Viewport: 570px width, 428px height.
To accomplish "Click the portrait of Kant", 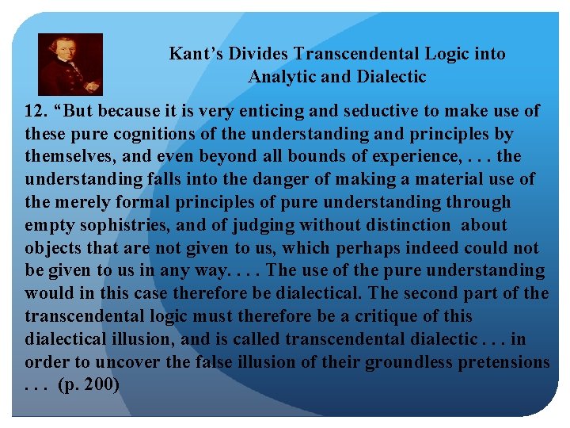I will (x=70, y=65).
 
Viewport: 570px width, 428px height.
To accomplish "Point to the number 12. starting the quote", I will (x=36, y=111).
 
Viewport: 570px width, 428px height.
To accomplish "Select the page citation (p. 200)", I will (x=89, y=386).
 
